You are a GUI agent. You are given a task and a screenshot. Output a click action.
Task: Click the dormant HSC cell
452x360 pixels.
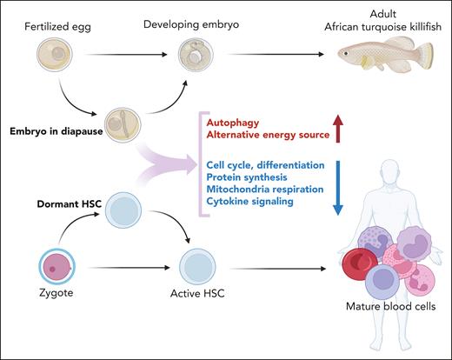coord(125,211)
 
